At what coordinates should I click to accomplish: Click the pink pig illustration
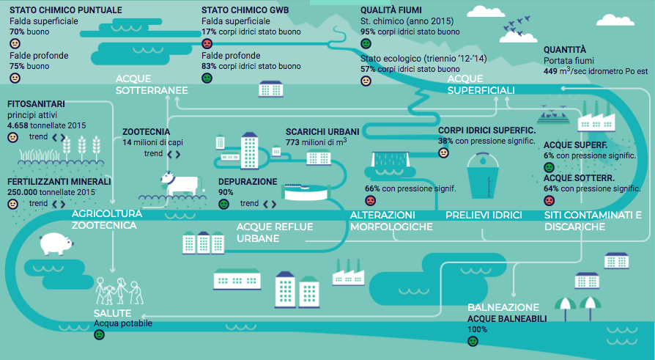[x=54, y=243]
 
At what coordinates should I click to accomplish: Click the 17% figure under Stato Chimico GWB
[x=209, y=32]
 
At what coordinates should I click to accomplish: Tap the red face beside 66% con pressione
[x=370, y=200]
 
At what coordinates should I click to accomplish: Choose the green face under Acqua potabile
[x=100, y=334]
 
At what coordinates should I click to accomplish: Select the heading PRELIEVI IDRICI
[x=484, y=215]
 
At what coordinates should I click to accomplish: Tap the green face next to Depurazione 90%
[x=223, y=204]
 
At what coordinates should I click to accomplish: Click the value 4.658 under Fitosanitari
[x=18, y=126]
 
